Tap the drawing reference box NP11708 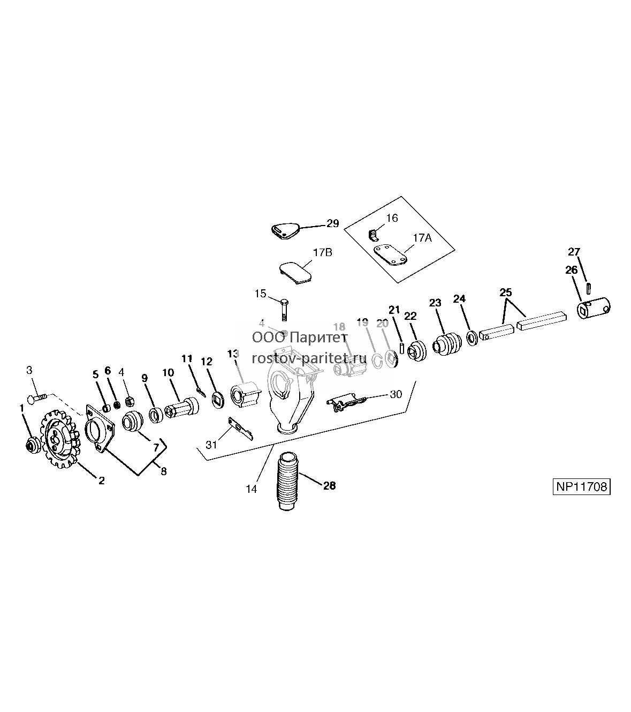click(x=581, y=486)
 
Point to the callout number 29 click(x=332, y=223)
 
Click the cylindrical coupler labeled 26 click(x=594, y=308)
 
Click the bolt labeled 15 click(x=284, y=309)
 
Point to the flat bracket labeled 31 click(x=241, y=429)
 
